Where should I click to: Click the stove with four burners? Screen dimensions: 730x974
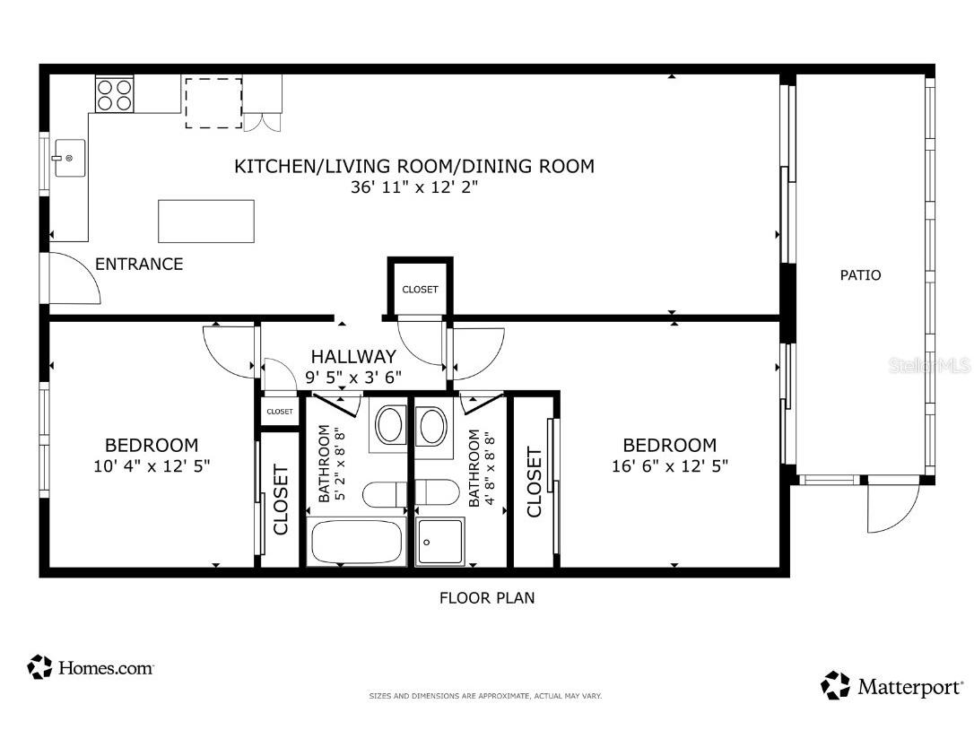(x=114, y=94)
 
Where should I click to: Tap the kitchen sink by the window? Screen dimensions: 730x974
(x=68, y=159)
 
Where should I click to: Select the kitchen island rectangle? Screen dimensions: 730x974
(x=206, y=221)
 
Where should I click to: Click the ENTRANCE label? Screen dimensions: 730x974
(x=139, y=265)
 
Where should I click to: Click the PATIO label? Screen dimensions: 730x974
(x=859, y=275)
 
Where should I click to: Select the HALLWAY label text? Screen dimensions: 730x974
(x=353, y=357)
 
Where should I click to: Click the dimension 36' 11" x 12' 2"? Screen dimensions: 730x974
(x=413, y=188)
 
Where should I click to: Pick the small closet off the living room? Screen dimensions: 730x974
(x=420, y=289)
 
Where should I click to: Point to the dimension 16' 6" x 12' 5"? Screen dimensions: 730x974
(x=669, y=466)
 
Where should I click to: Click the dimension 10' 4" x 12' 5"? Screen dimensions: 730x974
(x=152, y=466)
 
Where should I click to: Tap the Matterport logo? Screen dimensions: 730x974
(x=891, y=687)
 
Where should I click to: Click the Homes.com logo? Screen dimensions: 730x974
(x=91, y=668)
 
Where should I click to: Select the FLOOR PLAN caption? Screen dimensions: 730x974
(x=486, y=597)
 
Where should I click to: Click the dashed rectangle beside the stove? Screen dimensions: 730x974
(x=213, y=102)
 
